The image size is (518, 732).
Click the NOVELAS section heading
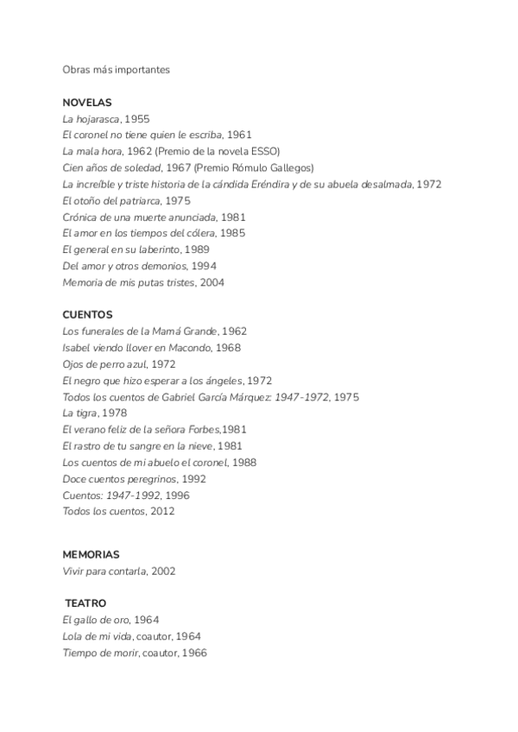87,102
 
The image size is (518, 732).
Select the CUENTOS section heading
87,314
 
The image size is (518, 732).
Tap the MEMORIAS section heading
91,553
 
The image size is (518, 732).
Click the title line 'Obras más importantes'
116,70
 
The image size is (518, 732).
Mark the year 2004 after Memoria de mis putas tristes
212,282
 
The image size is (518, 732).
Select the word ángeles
223,380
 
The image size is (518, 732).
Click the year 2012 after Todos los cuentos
162,511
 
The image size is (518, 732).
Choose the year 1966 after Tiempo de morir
193,653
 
